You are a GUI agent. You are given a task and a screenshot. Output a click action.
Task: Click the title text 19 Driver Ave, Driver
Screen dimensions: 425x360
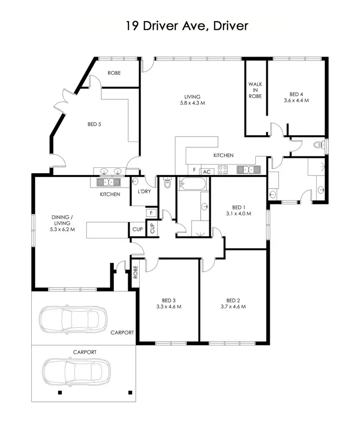(187, 25)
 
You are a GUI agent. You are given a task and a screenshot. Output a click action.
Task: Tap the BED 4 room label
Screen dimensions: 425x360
(296, 94)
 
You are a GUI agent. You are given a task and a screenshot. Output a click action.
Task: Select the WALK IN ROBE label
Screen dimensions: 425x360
(255, 90)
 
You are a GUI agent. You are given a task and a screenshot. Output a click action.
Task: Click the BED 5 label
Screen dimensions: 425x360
(94, 124)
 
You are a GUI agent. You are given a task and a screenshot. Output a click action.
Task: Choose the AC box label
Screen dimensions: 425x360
(207, 171)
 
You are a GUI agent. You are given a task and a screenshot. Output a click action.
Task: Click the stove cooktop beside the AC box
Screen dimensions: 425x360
(223, 169)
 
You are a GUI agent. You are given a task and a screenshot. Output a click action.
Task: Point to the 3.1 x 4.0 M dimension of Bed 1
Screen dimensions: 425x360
(239, 213)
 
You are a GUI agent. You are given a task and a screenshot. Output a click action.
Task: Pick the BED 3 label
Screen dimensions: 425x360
(168, 300)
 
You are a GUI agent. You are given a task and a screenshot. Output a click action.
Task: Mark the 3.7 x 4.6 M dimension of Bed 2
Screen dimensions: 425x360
(233, 307)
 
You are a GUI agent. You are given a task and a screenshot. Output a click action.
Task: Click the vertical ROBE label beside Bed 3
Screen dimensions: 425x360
(135, 272)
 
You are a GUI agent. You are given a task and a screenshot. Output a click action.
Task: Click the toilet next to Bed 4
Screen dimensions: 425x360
(317, 144)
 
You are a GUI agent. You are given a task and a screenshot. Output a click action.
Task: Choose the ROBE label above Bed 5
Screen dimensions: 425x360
(114, 73)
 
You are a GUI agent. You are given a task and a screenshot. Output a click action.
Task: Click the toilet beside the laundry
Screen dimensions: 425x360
(167, 183)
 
